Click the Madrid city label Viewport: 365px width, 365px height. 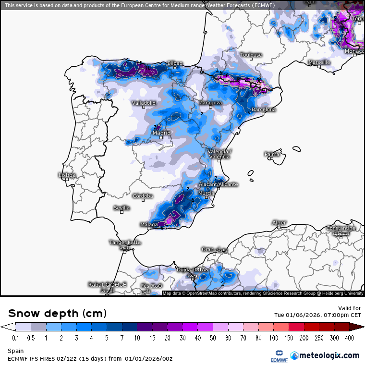point(161,133)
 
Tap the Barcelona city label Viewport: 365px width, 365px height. point(264,109)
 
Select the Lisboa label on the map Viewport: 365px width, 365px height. point(67,175)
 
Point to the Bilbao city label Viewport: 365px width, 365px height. point(175,63)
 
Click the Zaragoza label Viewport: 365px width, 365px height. point(210,103)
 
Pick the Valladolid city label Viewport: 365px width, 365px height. point(144,103)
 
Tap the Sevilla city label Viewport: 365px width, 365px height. point(122,208)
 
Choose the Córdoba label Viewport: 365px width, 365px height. point(143,196)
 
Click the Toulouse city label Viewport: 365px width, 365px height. point(251,55)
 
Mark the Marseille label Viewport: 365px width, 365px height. point(319,62)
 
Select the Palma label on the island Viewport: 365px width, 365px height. point(272,154)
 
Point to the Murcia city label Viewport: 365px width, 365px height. point(206,193)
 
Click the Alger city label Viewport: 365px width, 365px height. point(279,223)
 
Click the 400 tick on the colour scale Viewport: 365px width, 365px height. point(350,338)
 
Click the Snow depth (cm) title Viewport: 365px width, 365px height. point(57,314)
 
